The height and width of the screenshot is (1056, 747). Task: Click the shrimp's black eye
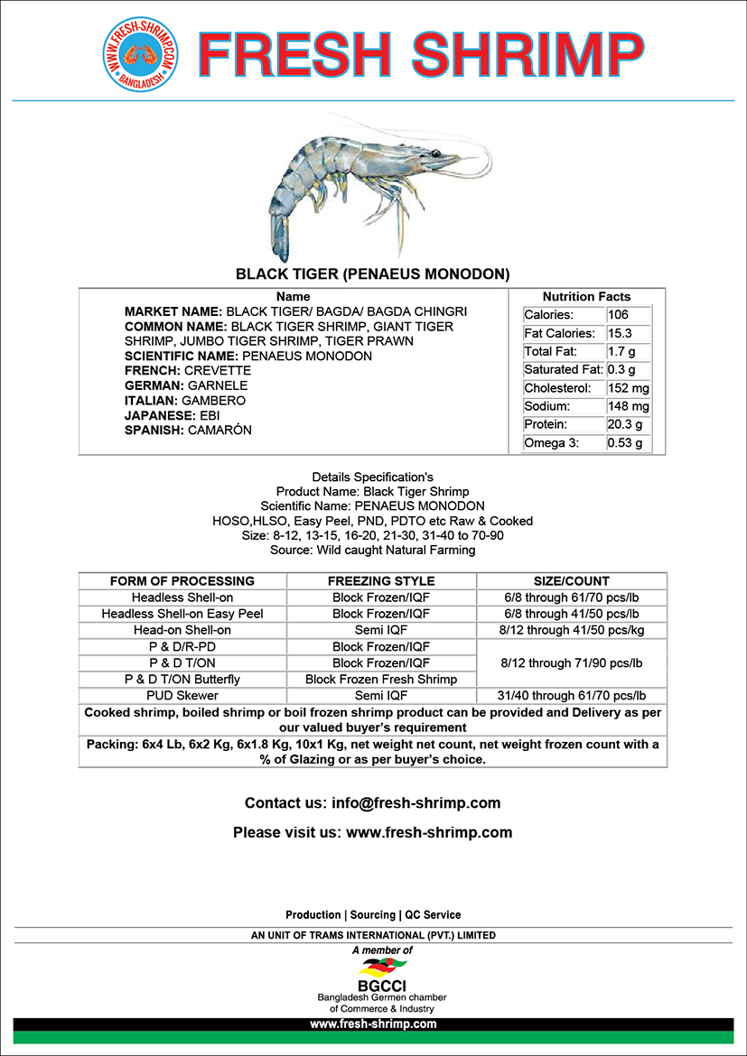[436, 153]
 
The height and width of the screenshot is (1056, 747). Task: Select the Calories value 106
[619, 315]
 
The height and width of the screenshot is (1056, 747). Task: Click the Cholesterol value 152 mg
[628, 388]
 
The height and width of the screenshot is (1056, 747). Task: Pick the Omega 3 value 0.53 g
[625, 443]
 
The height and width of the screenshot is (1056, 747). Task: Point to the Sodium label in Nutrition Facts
[546, 406]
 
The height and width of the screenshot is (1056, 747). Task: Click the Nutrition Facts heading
[586, 296]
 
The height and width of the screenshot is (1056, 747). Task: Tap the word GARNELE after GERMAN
[217, 385]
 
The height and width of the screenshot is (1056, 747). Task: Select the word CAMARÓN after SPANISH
[219, 431]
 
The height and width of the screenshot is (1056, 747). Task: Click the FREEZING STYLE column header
[381, 581]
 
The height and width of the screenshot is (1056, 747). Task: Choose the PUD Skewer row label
[182, 696]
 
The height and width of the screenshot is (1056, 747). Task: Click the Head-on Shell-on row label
[182, 630]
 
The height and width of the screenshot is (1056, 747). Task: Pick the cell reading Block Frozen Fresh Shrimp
[381, 679]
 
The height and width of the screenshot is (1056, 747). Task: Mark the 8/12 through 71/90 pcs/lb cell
[572, 662]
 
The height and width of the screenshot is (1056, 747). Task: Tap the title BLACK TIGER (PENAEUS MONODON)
[373, 273]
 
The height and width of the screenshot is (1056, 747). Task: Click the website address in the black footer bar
[373, 1024]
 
